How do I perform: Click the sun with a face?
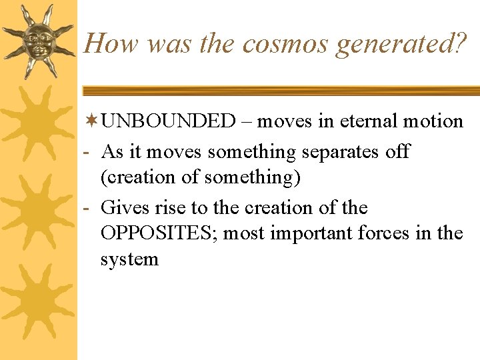[x=38, y=40]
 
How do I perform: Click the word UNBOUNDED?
[x=169, y=121]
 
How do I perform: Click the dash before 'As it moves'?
[x=88, y=152]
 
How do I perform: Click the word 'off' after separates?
[x=397, y=151]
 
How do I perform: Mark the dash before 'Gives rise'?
[x=88, y=209]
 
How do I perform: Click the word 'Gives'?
[x=125, y=208]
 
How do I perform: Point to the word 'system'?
[x=129, y=259]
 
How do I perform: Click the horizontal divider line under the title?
[x=280, y=90]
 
